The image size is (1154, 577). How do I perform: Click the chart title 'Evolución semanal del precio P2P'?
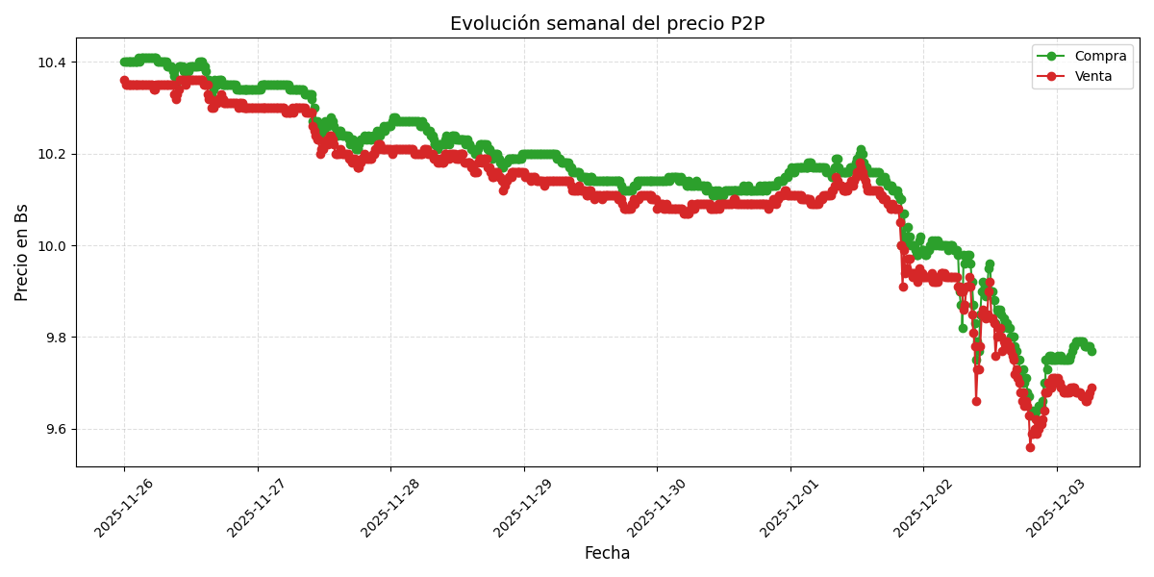tap(607, 24)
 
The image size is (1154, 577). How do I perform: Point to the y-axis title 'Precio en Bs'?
tap(22, 252)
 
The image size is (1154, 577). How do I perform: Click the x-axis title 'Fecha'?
tap(607, 553)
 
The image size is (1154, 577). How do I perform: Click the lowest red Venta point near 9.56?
tap(1030, 447)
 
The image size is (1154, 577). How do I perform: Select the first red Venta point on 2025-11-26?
tap(124, 81)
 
